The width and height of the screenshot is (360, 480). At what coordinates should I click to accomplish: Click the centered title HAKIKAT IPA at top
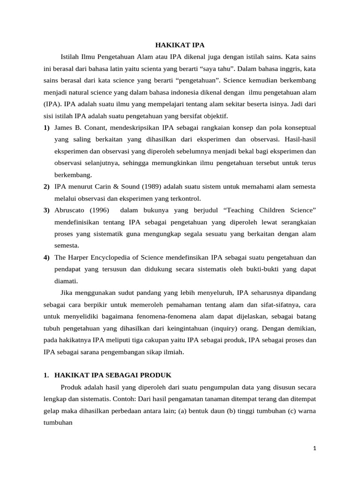point(180,45)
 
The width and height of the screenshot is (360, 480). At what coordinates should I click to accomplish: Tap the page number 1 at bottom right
point(315,448)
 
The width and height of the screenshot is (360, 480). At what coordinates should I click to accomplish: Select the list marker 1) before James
point(46,127)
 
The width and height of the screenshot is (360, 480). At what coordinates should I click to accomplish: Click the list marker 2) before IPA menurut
point(46,187)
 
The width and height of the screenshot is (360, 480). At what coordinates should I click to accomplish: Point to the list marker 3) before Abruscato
point(46,210)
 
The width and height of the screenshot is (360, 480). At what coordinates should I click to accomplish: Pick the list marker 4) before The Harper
point(46,257)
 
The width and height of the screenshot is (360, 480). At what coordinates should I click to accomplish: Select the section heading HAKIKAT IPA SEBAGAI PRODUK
point(113,375)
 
